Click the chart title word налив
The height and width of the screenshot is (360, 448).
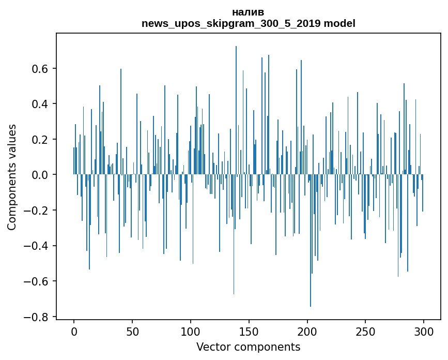248,12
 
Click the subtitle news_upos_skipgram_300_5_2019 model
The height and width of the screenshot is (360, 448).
248,23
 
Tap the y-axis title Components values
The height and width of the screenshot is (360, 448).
12,177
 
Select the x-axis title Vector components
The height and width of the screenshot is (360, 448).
248,347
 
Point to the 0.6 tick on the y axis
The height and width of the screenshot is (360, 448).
41,69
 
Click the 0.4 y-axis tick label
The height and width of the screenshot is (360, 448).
41,104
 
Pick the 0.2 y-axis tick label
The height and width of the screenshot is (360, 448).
41,140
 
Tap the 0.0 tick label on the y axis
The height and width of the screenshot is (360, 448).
41,175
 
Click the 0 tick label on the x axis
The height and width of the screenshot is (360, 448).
74,331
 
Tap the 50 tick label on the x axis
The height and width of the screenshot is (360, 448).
132,331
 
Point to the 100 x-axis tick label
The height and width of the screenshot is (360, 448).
191,331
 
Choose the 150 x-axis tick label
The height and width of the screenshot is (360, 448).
249,331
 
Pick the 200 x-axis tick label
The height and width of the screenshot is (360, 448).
307,331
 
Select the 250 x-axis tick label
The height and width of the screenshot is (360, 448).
366,331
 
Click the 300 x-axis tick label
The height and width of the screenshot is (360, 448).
424,331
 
